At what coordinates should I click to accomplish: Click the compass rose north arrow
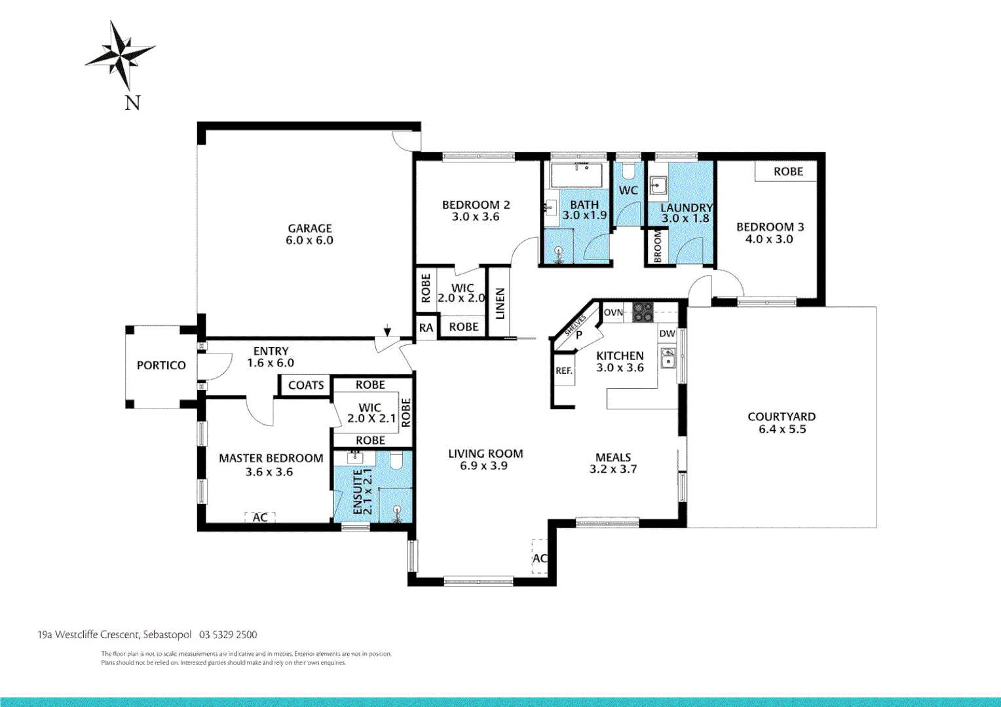pyautogui.click(x=122, y=55)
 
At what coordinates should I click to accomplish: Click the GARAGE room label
pyautogui.click(x=310, y=228)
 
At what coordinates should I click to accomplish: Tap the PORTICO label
pyautogui.click(x=161, y=365)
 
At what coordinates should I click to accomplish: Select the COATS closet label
pyautogui.click(x=306, y=385)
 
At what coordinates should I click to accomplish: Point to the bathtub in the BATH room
pyautogui.click(x=576, y=175)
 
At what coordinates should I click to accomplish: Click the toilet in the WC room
pyautogui.click(x=629, y=172)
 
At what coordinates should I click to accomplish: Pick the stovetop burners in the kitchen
pyautogui.click(x=643, y=312)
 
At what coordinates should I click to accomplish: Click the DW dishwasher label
pyautogui.click(x=667, y=333)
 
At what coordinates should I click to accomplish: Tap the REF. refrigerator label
pyautogui.click(x=564, y=371)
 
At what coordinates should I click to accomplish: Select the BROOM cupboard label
pyautogui.click(x=658, y=246)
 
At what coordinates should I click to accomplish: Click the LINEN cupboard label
pyautogui.click(x=500, y=303)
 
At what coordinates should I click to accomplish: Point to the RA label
pyautogui.click(x=426, y=327)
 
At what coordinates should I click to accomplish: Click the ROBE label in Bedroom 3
pyautogui.click(x=788, y=172)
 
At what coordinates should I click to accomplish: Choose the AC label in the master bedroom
pyautogui.click(x=260, y=517)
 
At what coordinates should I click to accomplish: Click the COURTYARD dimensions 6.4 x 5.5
pyautogui.click(x=782, y=429)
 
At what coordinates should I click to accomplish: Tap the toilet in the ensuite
pyautogui.click(x=396, y=462)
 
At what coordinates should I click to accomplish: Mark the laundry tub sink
pyautogui.click(x=658, y=185)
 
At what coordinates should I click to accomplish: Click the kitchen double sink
pyautogui.click(x=668, y=358)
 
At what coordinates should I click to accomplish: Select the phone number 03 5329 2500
pyautogui.click(x=228, y=634)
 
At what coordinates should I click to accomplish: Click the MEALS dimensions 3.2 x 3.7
pyautogui.click(x=613, y=469)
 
